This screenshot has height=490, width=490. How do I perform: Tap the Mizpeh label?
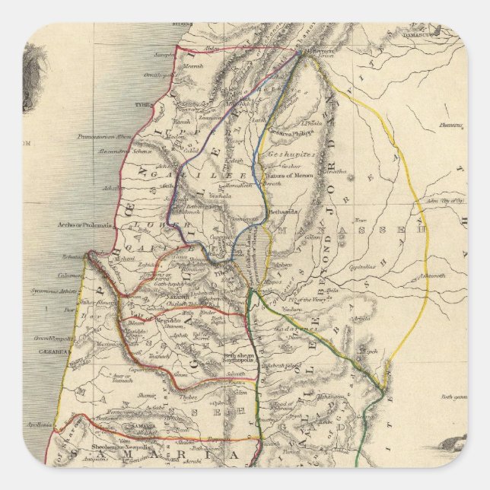pyautogui.click(x=369, y=352)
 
